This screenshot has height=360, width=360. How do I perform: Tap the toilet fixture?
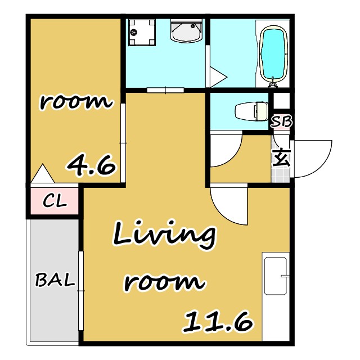(252, 111)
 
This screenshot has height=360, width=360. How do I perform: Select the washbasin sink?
(186, 31)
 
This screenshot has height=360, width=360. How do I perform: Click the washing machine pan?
(142, 33)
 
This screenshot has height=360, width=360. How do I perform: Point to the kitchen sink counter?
(276, 296)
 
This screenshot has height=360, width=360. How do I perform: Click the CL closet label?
(55, 201)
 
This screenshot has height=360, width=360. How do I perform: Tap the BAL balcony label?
(55, 280)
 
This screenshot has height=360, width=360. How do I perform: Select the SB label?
(281, 121)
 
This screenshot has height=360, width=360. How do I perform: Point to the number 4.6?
(91, 165)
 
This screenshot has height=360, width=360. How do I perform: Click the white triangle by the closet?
(43, 174)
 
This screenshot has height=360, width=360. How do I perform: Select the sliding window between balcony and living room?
(81, 291)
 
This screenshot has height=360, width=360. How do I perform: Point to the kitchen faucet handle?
(285, 276)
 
